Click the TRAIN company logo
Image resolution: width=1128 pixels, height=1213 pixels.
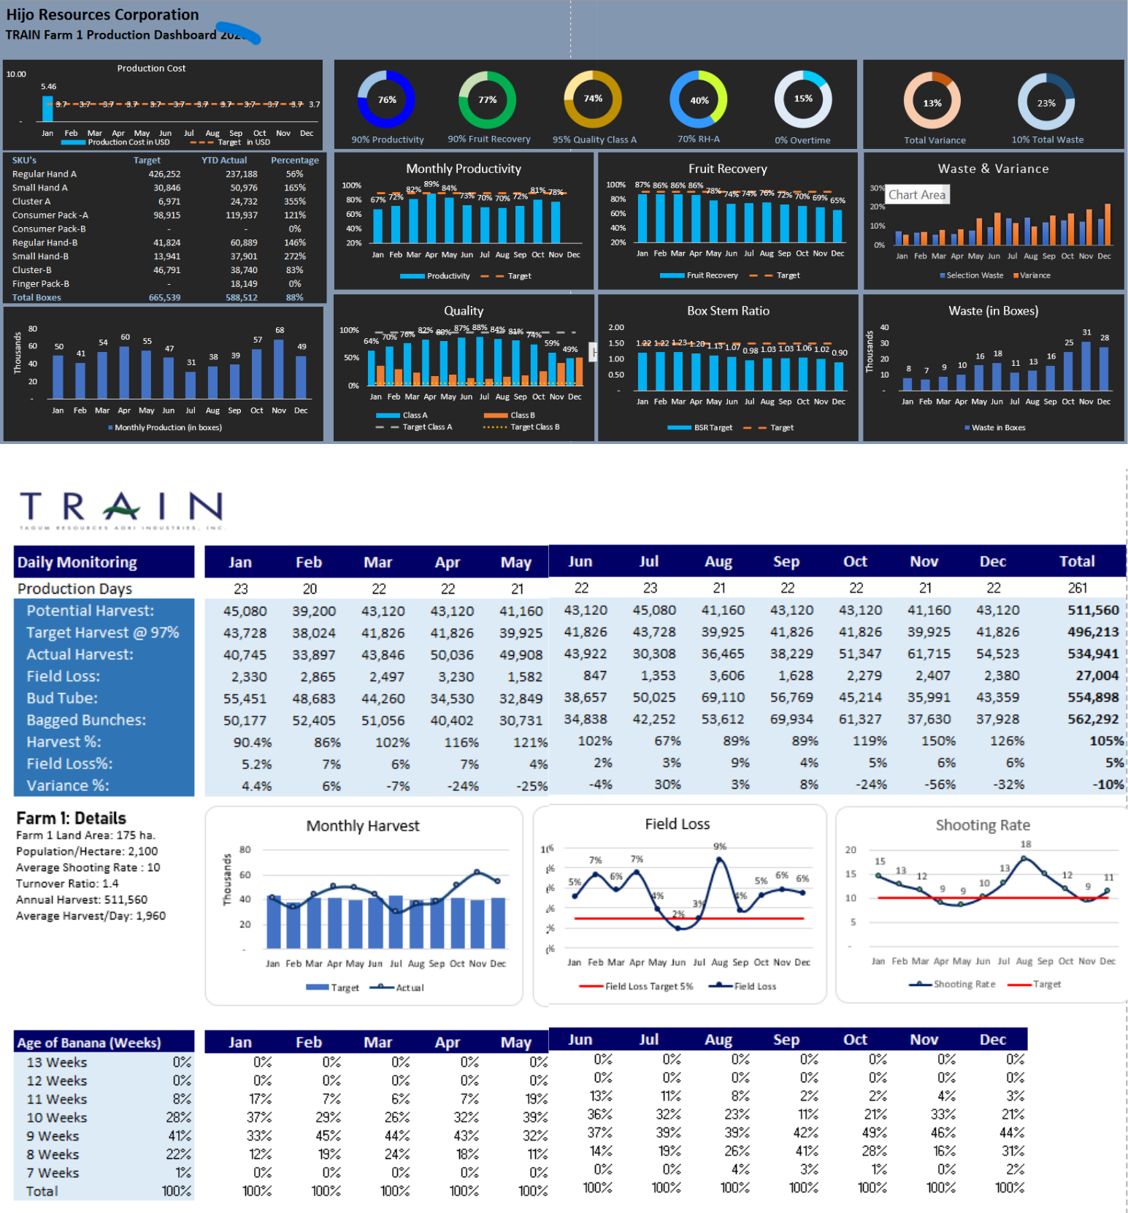click(121, 508)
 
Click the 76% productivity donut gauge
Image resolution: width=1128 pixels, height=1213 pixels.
click(386, 100)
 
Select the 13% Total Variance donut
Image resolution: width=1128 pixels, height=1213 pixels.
click(932, 103)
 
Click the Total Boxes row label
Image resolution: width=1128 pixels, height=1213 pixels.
click(37, 298)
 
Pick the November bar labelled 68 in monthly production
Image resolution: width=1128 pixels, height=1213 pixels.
click(279, 368)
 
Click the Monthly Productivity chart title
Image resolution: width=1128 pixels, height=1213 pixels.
click(464, 169)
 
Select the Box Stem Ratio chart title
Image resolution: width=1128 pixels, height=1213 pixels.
click(728, 311)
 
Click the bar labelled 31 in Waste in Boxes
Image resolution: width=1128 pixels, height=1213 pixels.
click(1086, 365)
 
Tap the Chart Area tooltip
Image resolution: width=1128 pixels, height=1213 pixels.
click(917, 195)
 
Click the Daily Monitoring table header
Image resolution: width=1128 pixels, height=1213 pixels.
click(77, 562)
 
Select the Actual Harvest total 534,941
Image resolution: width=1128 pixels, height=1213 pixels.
click(1092, 654)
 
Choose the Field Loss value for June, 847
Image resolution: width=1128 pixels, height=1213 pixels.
click(595, 676)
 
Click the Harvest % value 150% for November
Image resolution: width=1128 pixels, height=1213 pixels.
click(938, 741)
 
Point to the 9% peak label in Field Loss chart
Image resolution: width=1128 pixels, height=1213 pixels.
click(720, 846)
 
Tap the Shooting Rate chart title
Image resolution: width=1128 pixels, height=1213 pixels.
click(983, 825)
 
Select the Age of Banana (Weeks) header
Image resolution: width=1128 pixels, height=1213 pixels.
click(89, 1043)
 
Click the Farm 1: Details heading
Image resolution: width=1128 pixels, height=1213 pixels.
click(71, 818)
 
